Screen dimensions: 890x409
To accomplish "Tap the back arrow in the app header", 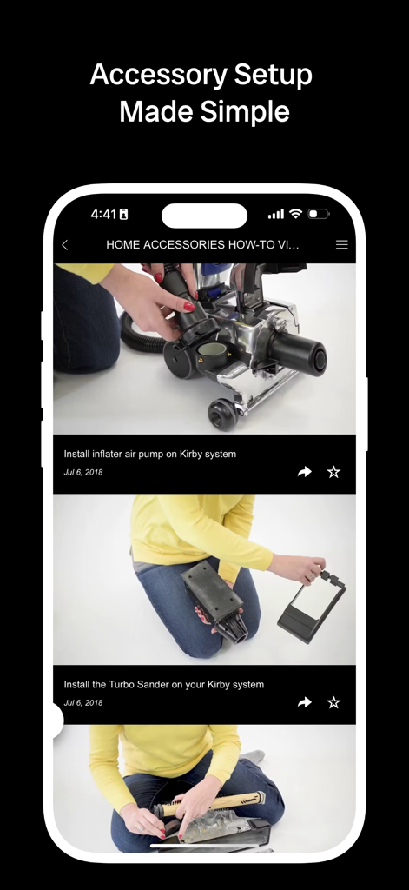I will [65, 245].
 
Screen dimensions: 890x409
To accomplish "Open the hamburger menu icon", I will [342, 245].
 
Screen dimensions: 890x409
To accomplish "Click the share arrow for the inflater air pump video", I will [304, 472].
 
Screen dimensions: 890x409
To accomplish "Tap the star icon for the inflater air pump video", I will [333, 472].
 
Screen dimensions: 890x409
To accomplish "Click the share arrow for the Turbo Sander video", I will [304, 702].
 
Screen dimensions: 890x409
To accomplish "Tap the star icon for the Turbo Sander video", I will [333, 702].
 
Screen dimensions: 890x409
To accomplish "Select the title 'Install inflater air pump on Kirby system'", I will [149, 454].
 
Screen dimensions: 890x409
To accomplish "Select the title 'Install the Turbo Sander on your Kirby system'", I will [163, 684].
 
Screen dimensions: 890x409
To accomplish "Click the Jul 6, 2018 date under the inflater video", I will [83, 472].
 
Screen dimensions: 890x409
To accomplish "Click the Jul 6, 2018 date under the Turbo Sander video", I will [83, 702].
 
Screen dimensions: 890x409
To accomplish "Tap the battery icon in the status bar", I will [319, 214].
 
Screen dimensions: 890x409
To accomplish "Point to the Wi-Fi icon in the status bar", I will [295, 214].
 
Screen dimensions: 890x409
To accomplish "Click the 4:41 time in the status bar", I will [103, 214].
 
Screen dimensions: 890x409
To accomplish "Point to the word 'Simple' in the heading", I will [247, 111].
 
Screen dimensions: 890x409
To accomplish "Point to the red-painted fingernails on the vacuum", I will [188, 306].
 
